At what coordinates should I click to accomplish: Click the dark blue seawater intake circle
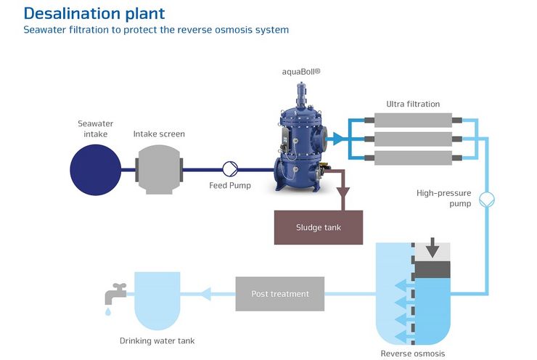pos(96,170)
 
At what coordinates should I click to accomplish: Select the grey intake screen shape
pos(159,170)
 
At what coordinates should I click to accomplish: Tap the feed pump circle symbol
pos(230,169)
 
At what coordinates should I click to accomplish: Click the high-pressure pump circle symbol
pos(487,200)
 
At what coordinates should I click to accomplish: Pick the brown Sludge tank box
pos(319,227)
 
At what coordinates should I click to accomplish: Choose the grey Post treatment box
pos(280,294)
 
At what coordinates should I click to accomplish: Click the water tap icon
pos(115,293)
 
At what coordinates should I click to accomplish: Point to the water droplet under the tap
pos(108,311)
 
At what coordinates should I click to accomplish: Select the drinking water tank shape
pos(157,300)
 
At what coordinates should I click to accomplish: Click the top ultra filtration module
pos(413,120)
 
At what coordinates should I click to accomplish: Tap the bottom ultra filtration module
pos(413,158)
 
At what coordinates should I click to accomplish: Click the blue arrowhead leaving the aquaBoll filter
pos(338,139)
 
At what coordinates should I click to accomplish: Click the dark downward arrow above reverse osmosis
pos(433,247)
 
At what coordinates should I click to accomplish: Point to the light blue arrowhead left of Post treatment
pos(205,294)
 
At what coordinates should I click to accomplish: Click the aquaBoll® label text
pos(301,72)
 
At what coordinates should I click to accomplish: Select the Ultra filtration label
pos(413,104)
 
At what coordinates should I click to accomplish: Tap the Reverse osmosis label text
pos(413,353)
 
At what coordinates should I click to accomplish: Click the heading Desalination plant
pos(94,14)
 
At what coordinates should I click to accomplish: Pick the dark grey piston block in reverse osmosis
pos(433,269)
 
